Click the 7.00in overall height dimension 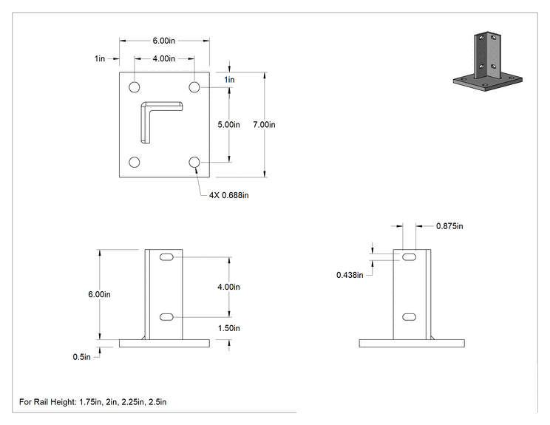click(264, 124)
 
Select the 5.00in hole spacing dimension click(228, 124)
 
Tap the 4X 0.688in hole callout click(228, 195)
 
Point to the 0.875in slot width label click(449, 226)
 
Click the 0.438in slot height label click(350, 275)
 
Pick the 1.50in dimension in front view click(228, 328)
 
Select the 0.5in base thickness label click(82, 357)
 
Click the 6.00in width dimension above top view click(164, 41)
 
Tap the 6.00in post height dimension click(99, 294)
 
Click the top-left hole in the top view click(135, 87)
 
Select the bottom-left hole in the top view click(135, 162)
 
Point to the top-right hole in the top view click(194, 87)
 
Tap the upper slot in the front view click(166, 257)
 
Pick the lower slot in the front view click(166, 317)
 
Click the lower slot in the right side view click(409, 317)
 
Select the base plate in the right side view click(412, 343)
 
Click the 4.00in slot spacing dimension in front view click(228, 287)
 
